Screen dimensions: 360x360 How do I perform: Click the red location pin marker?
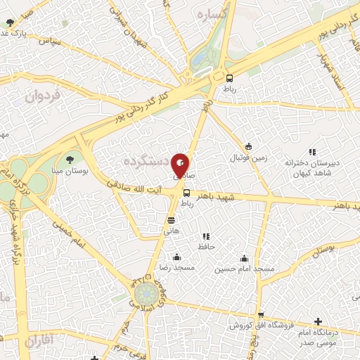point(181,165)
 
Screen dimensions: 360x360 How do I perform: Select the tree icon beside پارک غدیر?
point(10,23)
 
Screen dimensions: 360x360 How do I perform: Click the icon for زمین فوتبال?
point(248,146)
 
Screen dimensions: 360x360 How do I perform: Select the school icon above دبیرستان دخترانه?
point(312,152)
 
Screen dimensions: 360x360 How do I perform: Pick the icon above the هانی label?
point(171,221)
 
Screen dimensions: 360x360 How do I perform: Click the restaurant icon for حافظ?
point(206,237)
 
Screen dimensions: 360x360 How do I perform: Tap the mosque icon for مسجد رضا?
point(176,257)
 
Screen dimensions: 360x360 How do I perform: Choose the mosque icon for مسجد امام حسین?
point(244,258)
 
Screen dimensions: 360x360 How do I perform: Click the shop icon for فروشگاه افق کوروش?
point(261,315)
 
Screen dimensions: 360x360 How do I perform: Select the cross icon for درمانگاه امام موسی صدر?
point(318,321)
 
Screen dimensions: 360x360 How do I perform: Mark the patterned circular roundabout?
point(146,292)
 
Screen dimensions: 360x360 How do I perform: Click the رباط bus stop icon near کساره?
point(229,77)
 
